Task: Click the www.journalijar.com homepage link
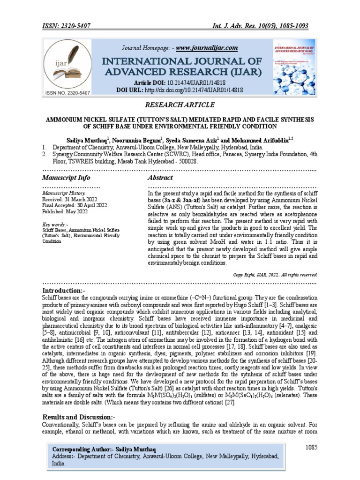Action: click(206, 48)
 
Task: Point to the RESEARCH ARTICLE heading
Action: click(180, 105)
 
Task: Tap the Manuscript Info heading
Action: click(66, 178)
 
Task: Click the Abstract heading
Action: click(160, 178)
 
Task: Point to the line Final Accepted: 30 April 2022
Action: click(75, 205)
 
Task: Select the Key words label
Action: click(54, 225)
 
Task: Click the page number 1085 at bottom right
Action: click(309, 448)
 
